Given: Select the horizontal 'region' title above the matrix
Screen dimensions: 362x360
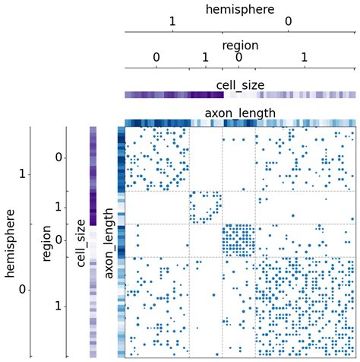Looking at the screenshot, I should [240, 46].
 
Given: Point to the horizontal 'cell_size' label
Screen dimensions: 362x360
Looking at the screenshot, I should [240, 85].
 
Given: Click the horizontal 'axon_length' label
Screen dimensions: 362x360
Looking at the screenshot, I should [240, 114].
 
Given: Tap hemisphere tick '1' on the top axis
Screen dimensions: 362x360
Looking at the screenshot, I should [173, 23].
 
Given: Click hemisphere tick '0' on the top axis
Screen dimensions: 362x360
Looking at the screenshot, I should [289, 23].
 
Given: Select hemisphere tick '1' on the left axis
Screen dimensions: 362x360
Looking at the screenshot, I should [23, 175].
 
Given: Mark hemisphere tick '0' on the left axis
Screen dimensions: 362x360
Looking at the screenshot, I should [23, 290].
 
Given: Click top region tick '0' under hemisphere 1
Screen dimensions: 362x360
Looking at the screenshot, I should [156, 57].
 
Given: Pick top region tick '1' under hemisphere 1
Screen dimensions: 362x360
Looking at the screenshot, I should [205, 57].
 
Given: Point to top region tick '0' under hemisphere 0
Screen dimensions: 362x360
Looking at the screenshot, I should [238, 57].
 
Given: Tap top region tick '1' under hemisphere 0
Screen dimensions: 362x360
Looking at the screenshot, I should [305, 57].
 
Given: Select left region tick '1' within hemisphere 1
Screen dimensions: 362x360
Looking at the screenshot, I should [58, 207].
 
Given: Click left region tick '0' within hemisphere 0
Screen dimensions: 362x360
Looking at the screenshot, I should [58, 240].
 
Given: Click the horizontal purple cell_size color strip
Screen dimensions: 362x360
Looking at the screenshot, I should [240, 96].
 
